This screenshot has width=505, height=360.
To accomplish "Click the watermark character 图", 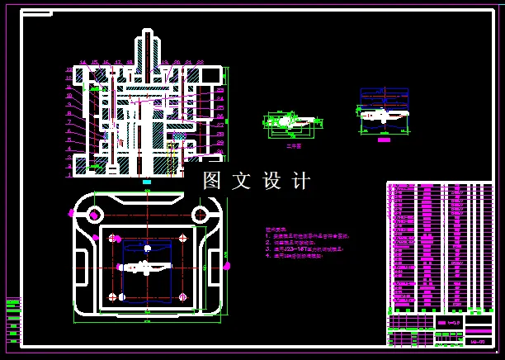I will [213, 181].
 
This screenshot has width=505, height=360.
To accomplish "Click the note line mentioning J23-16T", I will [300, 249].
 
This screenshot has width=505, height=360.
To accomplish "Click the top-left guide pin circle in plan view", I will [95, 215].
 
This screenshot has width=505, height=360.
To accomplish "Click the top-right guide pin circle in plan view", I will [200, 215].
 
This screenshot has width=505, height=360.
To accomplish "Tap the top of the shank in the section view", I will [148, 33].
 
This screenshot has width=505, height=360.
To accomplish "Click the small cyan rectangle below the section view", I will [147, 182].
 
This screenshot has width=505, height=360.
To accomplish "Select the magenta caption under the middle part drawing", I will [293, 145].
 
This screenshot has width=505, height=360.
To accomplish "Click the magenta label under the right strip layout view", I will [384, 140].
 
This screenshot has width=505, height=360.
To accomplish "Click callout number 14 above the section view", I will [83, 63].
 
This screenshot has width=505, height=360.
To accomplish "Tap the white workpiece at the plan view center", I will [147, 268].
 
